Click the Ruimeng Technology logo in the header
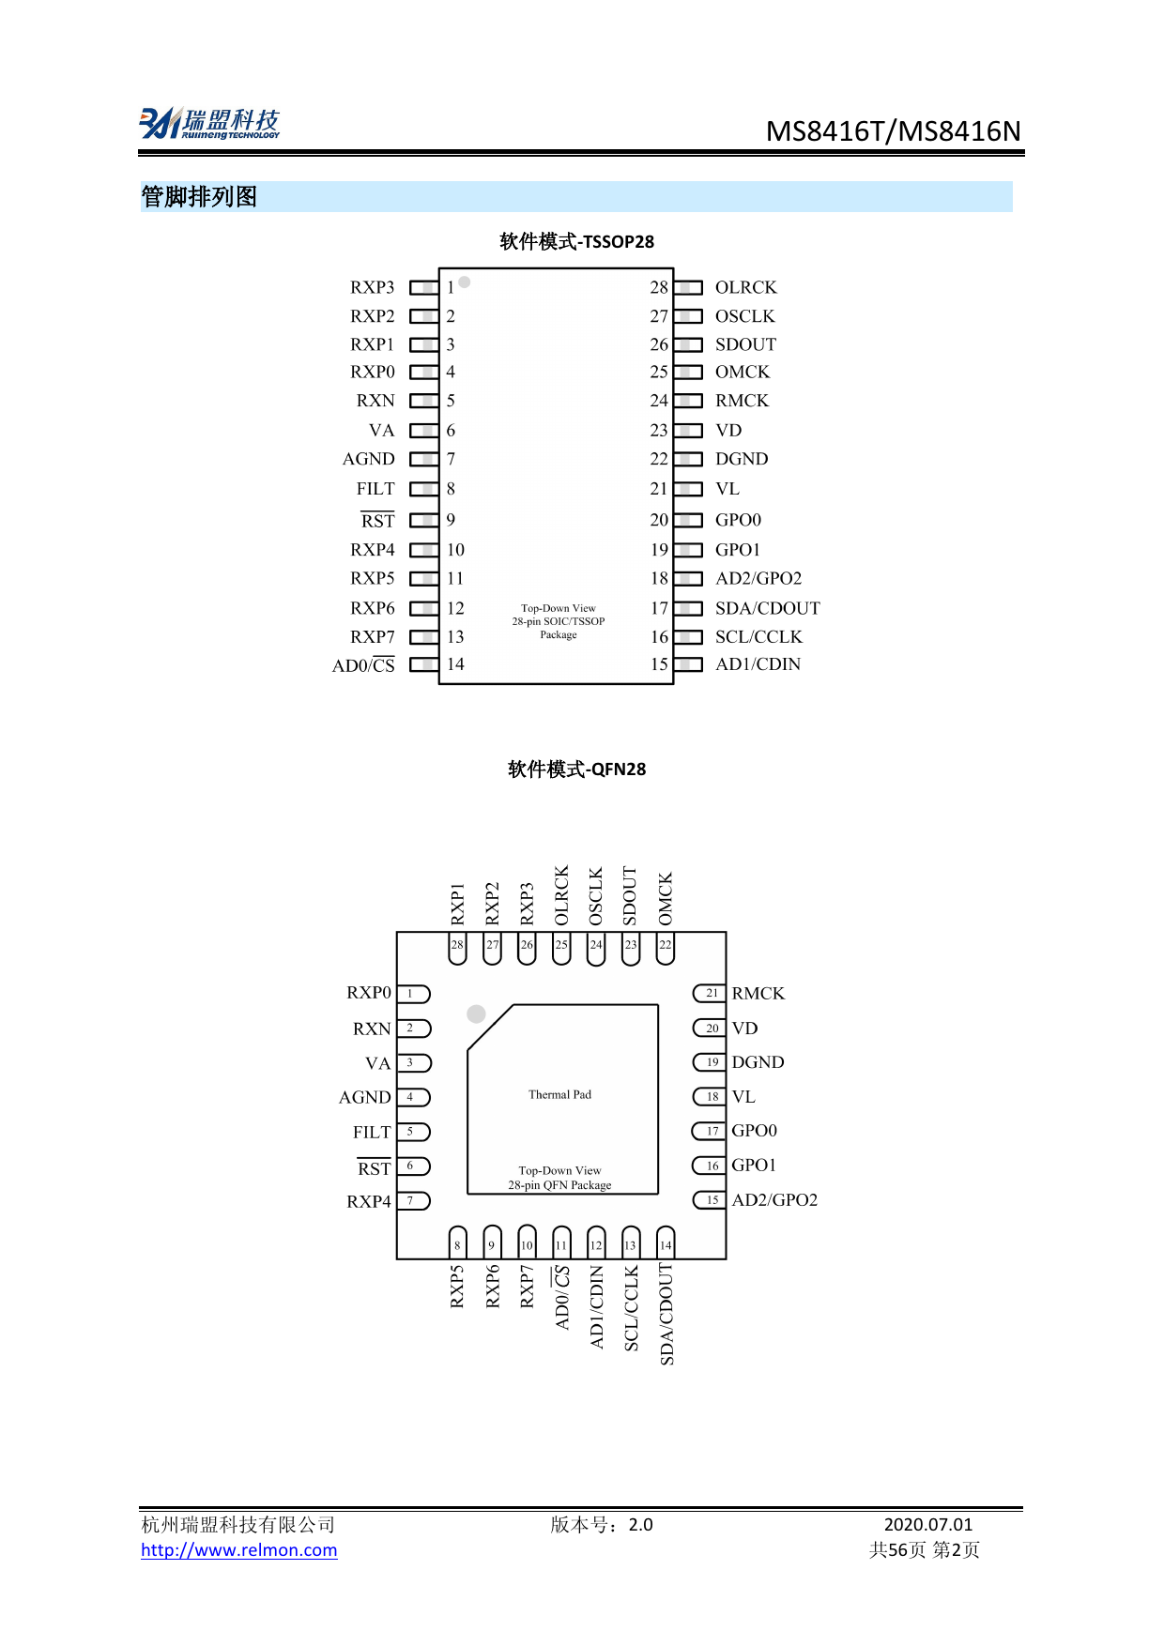click(209, 124)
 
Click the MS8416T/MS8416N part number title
click(893, 130)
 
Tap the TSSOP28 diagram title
click(576, 241)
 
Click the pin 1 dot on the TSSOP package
click(465, 282)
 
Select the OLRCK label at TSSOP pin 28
click(745, 287)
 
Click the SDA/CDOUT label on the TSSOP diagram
click(767, 608)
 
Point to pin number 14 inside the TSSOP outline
click(455, 664)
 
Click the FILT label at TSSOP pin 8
click(375, 489)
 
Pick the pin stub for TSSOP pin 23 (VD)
click(688, 431)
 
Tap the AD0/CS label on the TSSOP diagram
click(363, 665)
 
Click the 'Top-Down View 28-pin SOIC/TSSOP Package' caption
click(559, 621)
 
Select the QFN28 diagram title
click(576, 769)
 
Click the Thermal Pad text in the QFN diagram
click(559, 1094)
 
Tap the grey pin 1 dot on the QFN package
click(476, 1014)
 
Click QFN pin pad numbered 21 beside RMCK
click(710, 993)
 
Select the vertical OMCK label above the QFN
click(666, 898)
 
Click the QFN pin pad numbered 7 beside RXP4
click(413, 1200)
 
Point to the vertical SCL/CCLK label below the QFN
click(631, 1308)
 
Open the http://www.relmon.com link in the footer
click(238, 1550)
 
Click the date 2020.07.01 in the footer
click(927, 1525)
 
